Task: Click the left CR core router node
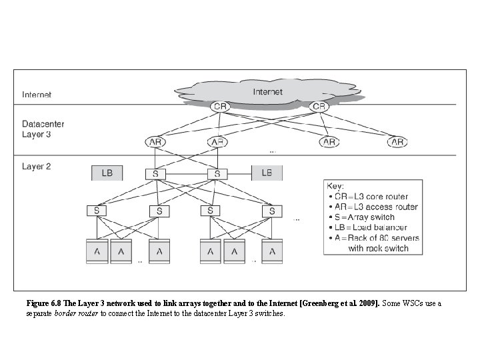tap(220, 107)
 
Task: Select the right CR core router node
tap(319, 107)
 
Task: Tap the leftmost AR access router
tap(155, 142)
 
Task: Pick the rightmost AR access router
tap(397, 142)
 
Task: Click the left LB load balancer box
tap(107, 173)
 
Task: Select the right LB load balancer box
tap(267, 173)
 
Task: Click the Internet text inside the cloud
tap(267, 92)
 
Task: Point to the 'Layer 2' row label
tap(36, 167)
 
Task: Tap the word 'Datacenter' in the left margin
tap(43, 124)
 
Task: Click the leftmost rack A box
tap(97, 252)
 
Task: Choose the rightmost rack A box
tap(271, 252)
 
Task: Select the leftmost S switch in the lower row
tap(97, 211)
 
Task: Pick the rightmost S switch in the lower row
tap(271, 211)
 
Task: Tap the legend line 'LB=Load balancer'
tap(373, 227)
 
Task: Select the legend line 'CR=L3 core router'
tap(373, 196)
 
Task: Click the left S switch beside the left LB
tap(155, 174)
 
